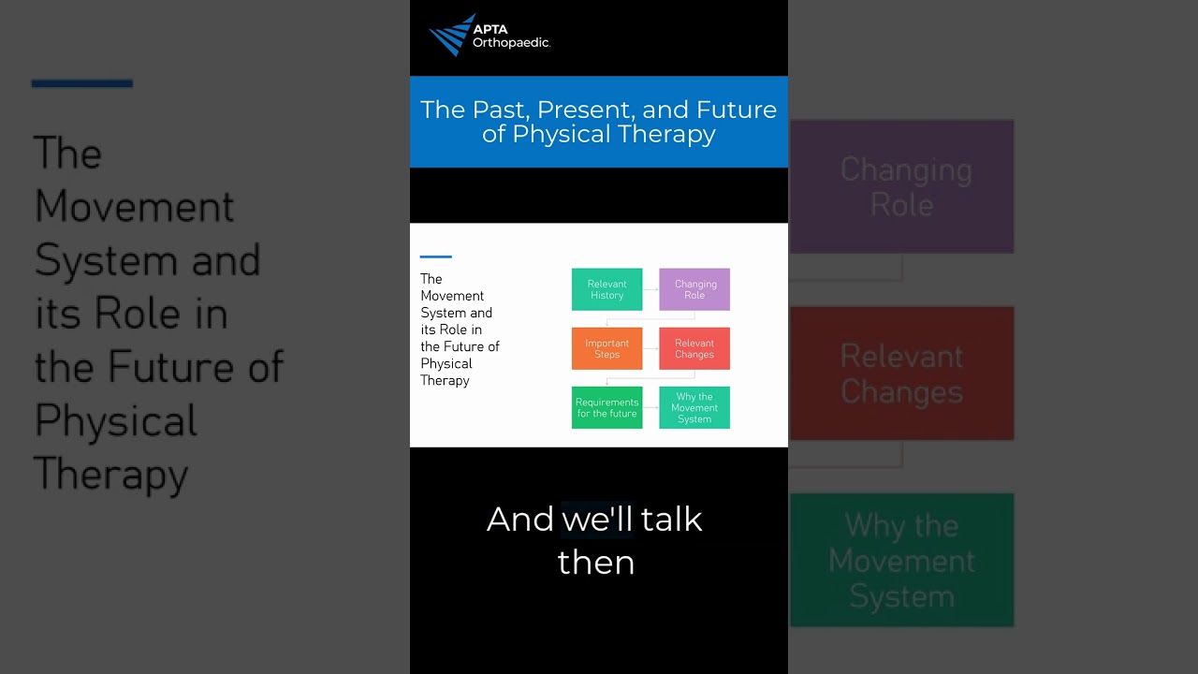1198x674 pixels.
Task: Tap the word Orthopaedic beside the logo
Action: pyautogui.click(x=510, y=43)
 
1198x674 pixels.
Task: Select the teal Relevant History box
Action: pyautogui.click(x=606, y=289)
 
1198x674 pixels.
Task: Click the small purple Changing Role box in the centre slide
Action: pyautogui.click(x=694, y=289)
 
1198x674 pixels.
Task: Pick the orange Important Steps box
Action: pyautogui.click(x=606, y=348)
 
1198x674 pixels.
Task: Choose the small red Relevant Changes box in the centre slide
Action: pyautogui.click(x=694, y=348)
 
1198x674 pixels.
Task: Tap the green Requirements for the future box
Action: pyautogui.click(x=606, y=407)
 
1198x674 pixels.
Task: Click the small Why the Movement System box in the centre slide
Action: pyautogui.click(x=694, y=407)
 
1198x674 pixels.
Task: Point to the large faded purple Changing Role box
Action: pyautogui.click(x=902, y=186)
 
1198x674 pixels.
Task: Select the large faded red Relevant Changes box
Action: pyautogui.click(x=902, y=374)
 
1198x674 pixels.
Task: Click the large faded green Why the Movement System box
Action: pyautogui.click(x=902, y=560)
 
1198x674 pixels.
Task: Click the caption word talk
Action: pyautogui.click(x=671, y=520)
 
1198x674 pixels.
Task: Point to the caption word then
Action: pyautogui.click(x=596, y=563)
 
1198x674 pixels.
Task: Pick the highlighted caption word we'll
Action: pyautogui.click(x=597, y=520)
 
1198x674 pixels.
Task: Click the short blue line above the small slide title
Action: pyautogui.click(x=436, y=256)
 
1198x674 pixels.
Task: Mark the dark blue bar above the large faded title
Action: pyautogui.click(x=82, y=83)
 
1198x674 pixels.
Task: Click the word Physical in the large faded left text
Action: pyautogui.click(x=116, y=420)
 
